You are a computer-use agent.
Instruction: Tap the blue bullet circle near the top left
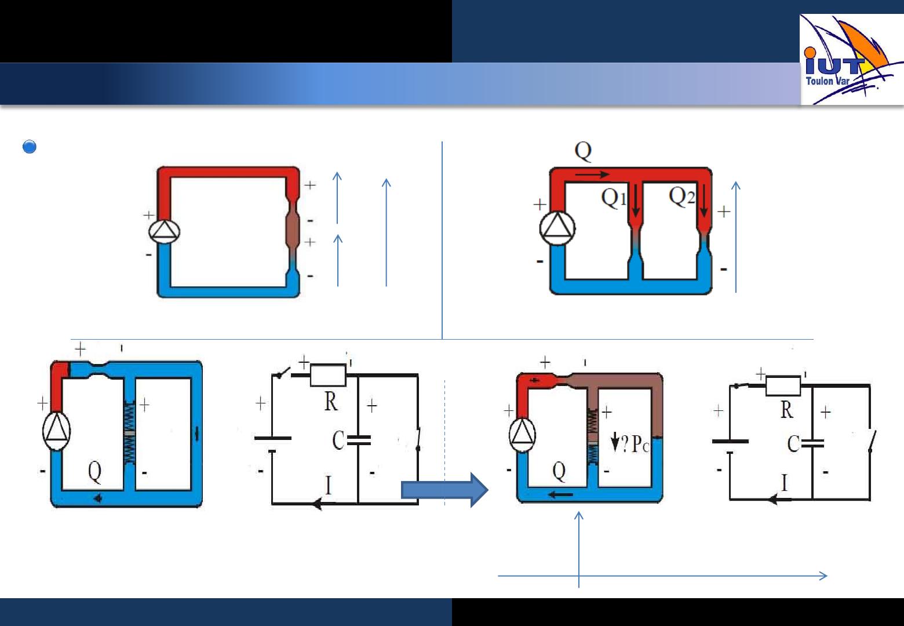pyautogui.click(x=29, y=147)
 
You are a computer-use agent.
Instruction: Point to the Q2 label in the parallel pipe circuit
pyautogui.click(x=681, y=196)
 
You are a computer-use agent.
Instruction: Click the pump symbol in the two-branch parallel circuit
pyautogui.click(x=557, y=228)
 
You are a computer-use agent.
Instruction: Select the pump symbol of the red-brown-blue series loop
pyautogui.click(x=164, y=232)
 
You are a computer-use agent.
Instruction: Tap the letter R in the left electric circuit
pyautogui.click(x=331, y=401)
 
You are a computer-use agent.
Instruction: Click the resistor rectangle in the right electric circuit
pyautogui.click(x=783, y=385)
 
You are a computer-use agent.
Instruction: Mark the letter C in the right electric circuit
pyautogui.click(x=794, y=444)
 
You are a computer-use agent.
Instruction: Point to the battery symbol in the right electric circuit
pyautogui.click(x=730, y=445)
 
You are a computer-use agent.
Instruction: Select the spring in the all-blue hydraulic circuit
pyautogui.click(x=129, y=434)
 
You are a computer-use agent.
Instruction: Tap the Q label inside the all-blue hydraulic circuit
pyautogui.click(x=94, y=472)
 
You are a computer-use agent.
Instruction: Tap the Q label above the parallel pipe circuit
pyautogui.click(x=583, y=151)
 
